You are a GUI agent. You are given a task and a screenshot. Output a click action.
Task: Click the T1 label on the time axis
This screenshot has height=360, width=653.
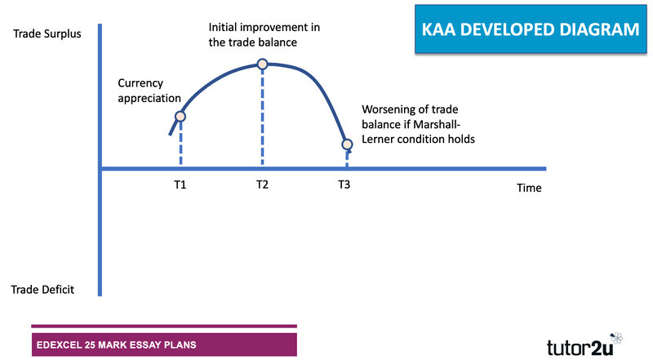click(x=180, y=184)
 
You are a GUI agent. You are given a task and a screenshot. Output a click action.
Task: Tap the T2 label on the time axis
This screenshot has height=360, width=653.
click(x=262, y=184)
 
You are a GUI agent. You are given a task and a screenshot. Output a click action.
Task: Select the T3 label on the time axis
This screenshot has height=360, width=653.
click(x=344, y=184)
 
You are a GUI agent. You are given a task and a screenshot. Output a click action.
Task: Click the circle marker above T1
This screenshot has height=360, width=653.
click(x=180, y=116)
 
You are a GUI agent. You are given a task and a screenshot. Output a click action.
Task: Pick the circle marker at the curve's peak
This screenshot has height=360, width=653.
click(x=262, y=64)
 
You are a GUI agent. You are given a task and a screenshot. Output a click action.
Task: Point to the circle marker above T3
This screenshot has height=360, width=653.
click(x=348, y=144)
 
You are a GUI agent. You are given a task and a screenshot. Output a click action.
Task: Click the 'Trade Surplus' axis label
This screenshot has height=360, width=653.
click(x=47, y=33)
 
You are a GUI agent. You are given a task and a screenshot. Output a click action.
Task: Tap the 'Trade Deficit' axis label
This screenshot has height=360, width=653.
click(x=42, y=290)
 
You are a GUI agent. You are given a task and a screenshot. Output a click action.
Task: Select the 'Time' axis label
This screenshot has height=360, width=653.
click(x=529, y=188)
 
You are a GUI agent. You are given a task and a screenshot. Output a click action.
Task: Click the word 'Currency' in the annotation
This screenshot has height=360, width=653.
click(x=140, y=84)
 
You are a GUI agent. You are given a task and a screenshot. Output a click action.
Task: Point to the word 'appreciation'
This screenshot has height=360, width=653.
click(x=149, y=99)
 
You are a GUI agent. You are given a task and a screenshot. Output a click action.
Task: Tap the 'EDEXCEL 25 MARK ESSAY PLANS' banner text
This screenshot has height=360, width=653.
click(x=116, y=345)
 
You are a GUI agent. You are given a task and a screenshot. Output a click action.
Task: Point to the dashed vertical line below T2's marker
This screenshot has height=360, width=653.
click(x=262, y=118)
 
